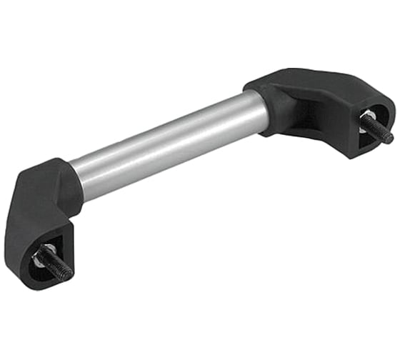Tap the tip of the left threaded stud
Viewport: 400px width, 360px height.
[69, 274]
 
